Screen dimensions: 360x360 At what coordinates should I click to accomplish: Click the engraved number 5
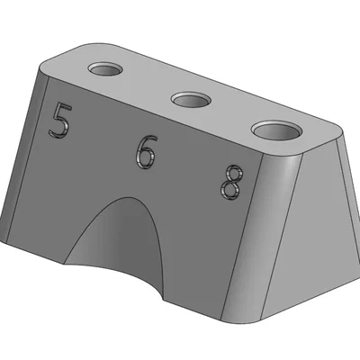point(60,120)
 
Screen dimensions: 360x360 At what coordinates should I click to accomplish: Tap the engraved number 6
point(146,152)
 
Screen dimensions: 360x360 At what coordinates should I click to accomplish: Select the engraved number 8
point(231,183)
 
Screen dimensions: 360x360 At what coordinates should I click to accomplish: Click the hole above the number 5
point(105,69)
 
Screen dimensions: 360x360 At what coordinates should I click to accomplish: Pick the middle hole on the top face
point(191,100)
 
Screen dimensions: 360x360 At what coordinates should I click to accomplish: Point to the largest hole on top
point(276,130)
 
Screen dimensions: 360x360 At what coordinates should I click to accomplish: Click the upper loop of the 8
point(234,173)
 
